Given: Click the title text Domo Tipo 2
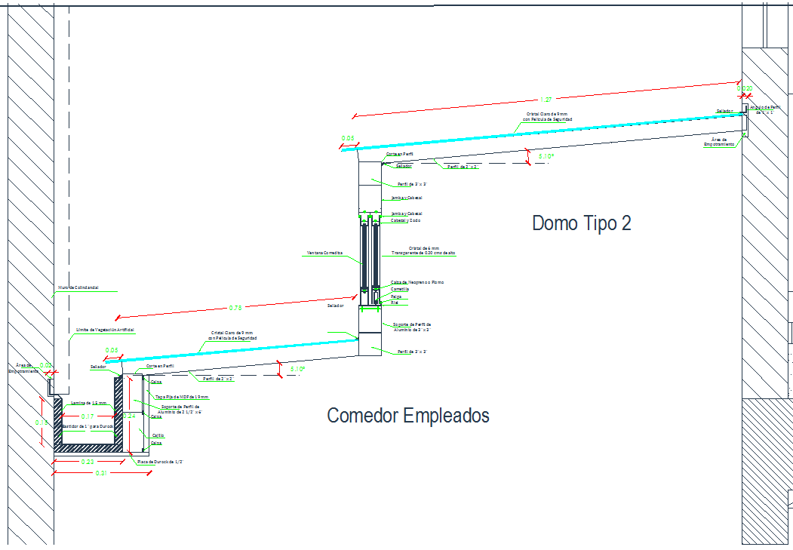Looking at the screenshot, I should (x=581, y=223).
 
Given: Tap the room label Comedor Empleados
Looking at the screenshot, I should (x=407, y=416).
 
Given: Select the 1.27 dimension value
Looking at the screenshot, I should (x=547, y=100).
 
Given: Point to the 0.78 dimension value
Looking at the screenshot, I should (x=235, y=308).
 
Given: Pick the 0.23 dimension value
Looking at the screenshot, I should (x=88, y=462).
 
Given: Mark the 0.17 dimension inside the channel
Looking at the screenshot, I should (x=88, y=416).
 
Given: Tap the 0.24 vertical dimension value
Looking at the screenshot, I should (x=129, y=416).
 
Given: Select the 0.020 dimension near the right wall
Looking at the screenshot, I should (x=745, y=89).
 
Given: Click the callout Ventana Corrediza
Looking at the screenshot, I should (x=324, y=253).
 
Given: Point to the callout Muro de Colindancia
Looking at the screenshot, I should (x=78, y=287).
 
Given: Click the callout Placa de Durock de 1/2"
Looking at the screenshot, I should (x=160, y=462).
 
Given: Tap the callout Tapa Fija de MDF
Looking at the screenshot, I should (x=181, y=397).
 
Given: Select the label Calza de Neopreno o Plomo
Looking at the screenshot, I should (x=416, y=282).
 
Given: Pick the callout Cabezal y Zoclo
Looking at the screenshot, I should (x=405, y=220).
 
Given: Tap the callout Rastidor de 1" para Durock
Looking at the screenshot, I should (x=88, y=426).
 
